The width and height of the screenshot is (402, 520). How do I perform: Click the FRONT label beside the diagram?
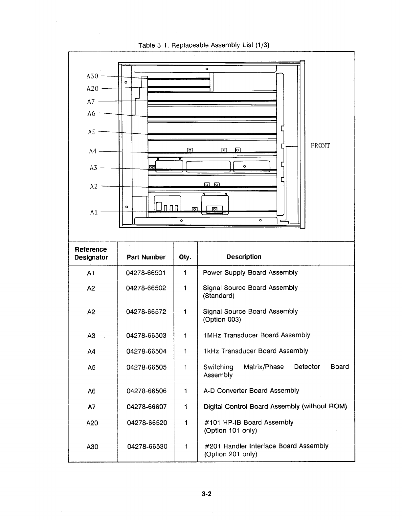click(x=320, y=146)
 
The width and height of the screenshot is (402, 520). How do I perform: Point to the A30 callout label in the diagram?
click(x=92, y=76)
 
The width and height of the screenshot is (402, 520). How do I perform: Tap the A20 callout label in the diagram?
click(x=92, y=89)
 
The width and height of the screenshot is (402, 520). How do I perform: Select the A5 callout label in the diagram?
click(x=92, y=132)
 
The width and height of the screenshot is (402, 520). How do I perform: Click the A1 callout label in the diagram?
click(x=94, y=212)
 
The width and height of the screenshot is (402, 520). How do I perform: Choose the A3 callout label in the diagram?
click(x=93, y=168)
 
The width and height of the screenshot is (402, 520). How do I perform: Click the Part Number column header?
click(x=146, y=257)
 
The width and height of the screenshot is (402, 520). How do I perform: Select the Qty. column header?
click(x=185, y=257)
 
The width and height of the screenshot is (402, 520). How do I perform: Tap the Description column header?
click(x=244, y=257)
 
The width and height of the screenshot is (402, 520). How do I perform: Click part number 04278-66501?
click(x=146, y=273)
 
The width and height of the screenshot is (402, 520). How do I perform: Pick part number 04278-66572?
click(x=146, y=312)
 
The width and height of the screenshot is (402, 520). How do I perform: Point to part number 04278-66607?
click(x=146, y=407)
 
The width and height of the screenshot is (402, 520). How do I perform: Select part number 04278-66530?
click(x=147, y=446)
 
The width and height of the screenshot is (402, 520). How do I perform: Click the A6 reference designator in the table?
click(x=92, y=391)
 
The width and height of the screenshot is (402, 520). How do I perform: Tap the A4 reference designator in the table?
click(x=91, y=351)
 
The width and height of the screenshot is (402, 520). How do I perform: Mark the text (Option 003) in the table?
click(x=222, y=320)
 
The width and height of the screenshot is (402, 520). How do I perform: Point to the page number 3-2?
click(x=207, y=494)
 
